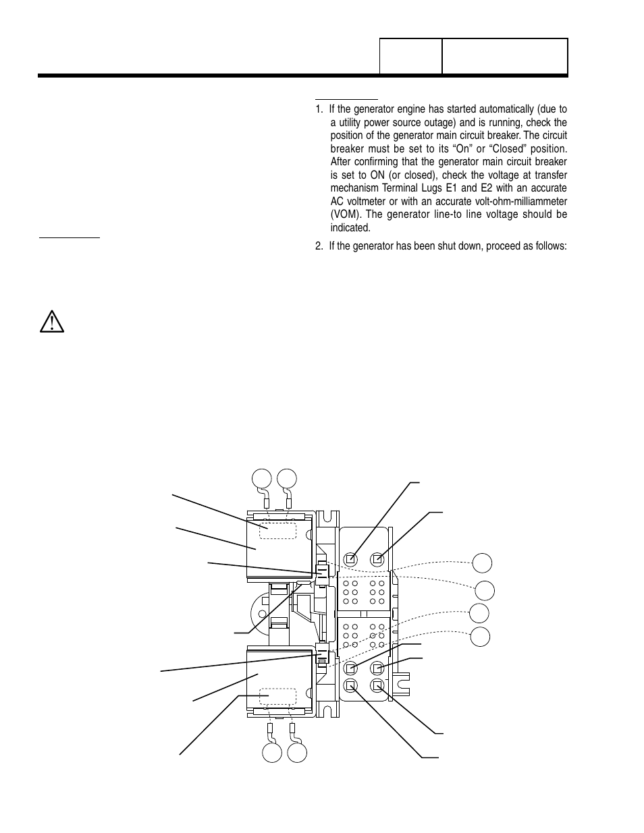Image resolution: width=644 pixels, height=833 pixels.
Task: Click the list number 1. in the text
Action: [319, 109]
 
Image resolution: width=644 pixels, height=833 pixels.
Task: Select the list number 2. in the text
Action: [319, 246]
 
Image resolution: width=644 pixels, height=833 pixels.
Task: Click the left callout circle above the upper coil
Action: [262, 478]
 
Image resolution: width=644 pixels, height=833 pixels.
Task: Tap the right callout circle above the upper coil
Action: [286, 478]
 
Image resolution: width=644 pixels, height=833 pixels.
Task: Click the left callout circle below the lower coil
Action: [272, 753]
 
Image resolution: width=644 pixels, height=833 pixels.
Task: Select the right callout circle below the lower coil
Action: [297, 753]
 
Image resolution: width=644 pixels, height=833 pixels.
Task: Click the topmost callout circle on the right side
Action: [482, 562]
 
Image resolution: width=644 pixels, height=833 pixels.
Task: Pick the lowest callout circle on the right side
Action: [480, 636]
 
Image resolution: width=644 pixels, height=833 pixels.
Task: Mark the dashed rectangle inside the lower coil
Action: [278, 697]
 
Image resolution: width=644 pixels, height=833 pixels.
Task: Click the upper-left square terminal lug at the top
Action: [350, 559]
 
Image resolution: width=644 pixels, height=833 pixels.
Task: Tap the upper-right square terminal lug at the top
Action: [378, 559]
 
